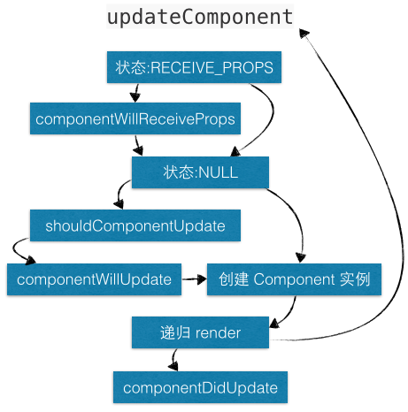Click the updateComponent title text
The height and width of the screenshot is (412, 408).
click(x=199, y=17)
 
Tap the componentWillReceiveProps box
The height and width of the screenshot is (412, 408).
click(x=136, y=118)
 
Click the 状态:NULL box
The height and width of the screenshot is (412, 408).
click(x=200, y=172)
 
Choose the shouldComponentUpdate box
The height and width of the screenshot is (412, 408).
click(x=135, y=225)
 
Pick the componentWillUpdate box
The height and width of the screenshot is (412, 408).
click(x=94, y=279)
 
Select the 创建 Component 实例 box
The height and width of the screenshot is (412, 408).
click(x=294, y=279)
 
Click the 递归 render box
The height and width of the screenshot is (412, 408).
click(x=201, y=332)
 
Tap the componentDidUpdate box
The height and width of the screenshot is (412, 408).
click(x=200, y=386)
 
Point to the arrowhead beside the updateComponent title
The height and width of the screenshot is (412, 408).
click(x=306, y=34)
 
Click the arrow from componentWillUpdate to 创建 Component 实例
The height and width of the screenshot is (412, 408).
click(x=194, y=279)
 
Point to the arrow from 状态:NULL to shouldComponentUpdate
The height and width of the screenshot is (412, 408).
click(x=121, y=195)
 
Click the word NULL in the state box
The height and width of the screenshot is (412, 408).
click(x=219, y=172)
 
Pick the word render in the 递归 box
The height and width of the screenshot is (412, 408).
click(x=219, y=332)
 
